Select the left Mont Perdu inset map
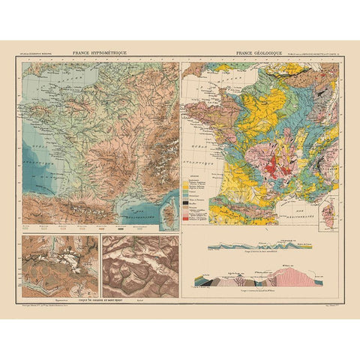(60, 265)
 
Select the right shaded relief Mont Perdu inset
(140, 265)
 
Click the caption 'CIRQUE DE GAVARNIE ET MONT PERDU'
(101, 301)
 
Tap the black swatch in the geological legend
(188, 200)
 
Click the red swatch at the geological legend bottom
(188, 218)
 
